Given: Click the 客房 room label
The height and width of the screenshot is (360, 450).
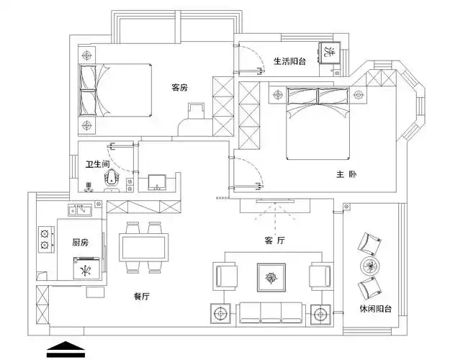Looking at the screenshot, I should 179,87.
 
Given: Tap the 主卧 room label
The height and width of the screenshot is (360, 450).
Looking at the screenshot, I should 346,174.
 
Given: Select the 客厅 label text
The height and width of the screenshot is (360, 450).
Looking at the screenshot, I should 275,242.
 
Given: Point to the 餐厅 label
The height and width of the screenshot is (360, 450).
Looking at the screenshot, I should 142,296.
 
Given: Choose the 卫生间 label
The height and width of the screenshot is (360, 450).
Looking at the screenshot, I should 97,165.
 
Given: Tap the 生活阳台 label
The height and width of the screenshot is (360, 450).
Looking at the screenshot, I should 289,62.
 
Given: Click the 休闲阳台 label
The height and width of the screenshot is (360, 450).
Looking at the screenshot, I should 375,309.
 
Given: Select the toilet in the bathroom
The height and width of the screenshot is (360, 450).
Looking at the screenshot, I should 112,179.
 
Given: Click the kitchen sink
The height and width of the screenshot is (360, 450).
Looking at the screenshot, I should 79,211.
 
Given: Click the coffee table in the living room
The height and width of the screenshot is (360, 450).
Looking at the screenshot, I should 272,277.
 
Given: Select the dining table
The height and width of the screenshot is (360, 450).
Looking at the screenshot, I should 143,248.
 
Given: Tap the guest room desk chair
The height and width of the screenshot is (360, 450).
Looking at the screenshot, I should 196,111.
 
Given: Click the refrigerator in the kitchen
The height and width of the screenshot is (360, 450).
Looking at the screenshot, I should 86,270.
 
